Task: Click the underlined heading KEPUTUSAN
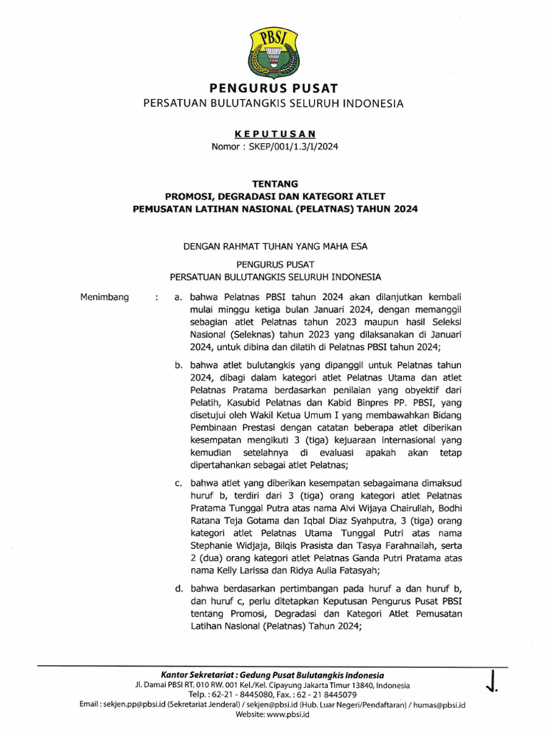pos(273,133)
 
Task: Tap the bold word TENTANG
pos(273,183)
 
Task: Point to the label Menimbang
pos(106,297)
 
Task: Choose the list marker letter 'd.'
pos(179,588)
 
